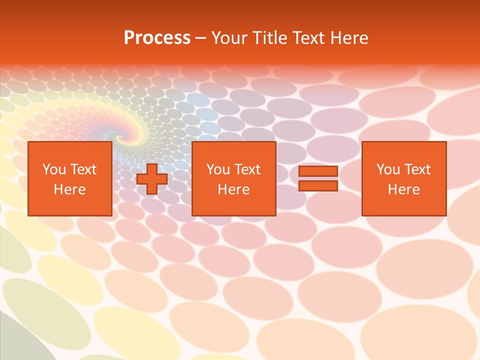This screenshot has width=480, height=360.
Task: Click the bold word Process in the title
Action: [157, 38]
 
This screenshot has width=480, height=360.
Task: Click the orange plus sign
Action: [152, 179]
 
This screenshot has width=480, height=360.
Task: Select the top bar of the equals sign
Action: [318, 171]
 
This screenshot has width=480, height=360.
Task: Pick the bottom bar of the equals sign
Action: [318, 186]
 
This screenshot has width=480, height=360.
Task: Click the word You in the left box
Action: [54, 169]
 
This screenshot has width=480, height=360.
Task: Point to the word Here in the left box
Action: [69, 189]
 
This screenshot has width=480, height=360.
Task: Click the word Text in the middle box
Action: [247, 169]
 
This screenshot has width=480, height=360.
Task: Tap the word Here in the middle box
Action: [233, 189]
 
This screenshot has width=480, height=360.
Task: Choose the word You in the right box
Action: [388, 169]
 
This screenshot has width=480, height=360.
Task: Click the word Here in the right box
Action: [403, 189]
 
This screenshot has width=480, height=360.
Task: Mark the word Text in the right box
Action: [417, 169]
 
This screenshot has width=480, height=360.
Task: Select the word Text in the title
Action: [308, 38]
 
